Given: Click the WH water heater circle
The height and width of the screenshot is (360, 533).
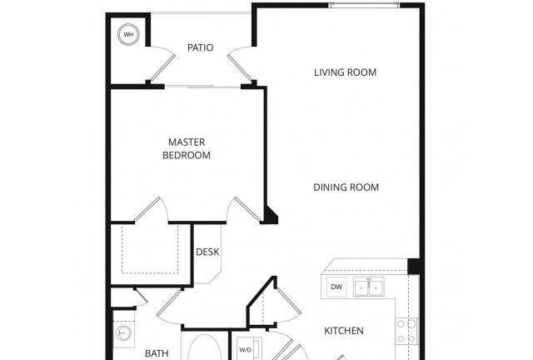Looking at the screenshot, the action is tap(128, 34).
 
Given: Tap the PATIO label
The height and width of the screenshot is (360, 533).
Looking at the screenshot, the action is tap(200, 47).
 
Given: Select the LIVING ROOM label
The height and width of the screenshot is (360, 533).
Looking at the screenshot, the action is tap(345, 72).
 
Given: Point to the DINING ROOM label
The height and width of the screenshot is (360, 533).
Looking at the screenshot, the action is tap(346, 187).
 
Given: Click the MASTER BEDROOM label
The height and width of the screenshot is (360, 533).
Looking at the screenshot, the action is tap(187, 148).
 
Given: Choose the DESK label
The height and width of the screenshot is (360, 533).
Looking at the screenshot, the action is tap(207, 252).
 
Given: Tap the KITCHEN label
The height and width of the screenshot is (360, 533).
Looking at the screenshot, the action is tap(344, 330).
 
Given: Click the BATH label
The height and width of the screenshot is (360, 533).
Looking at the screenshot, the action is tap(157, 353).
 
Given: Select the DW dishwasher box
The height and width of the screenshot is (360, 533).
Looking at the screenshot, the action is tap(336, 287).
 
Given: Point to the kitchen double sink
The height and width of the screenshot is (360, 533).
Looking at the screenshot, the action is tap(368, 287).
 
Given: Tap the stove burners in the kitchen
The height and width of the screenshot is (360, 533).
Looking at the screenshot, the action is tap(406, 331).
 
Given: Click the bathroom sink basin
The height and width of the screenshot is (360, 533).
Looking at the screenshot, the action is tap(123, 333).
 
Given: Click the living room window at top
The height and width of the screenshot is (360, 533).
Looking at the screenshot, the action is tap(364, 5).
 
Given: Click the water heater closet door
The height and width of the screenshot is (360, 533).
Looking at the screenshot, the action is tap(162, 65).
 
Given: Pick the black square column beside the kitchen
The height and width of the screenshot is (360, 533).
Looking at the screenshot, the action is tap(414, 266).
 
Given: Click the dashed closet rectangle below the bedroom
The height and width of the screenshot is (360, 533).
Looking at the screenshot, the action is tap(150, 248).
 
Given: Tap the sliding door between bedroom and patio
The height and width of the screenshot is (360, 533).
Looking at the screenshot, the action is tap(202, 87).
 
